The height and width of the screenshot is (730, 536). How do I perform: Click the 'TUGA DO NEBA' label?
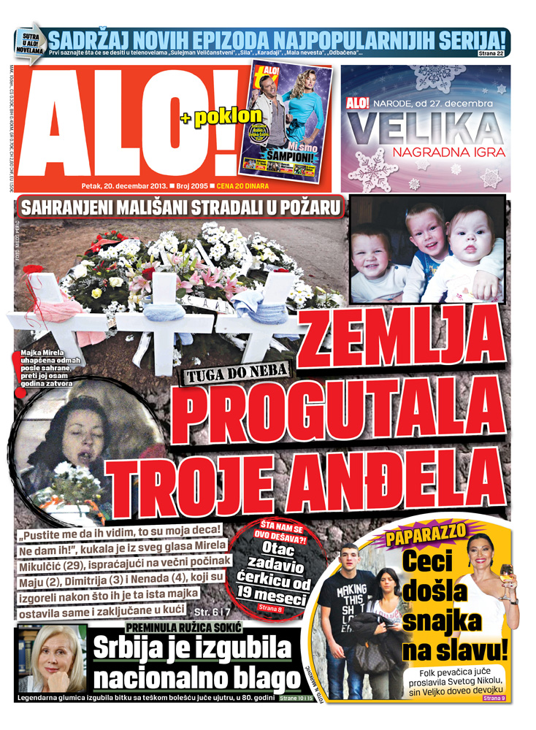tap(240, 374)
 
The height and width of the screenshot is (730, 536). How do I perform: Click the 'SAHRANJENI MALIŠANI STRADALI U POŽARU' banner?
tap(182, 207)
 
